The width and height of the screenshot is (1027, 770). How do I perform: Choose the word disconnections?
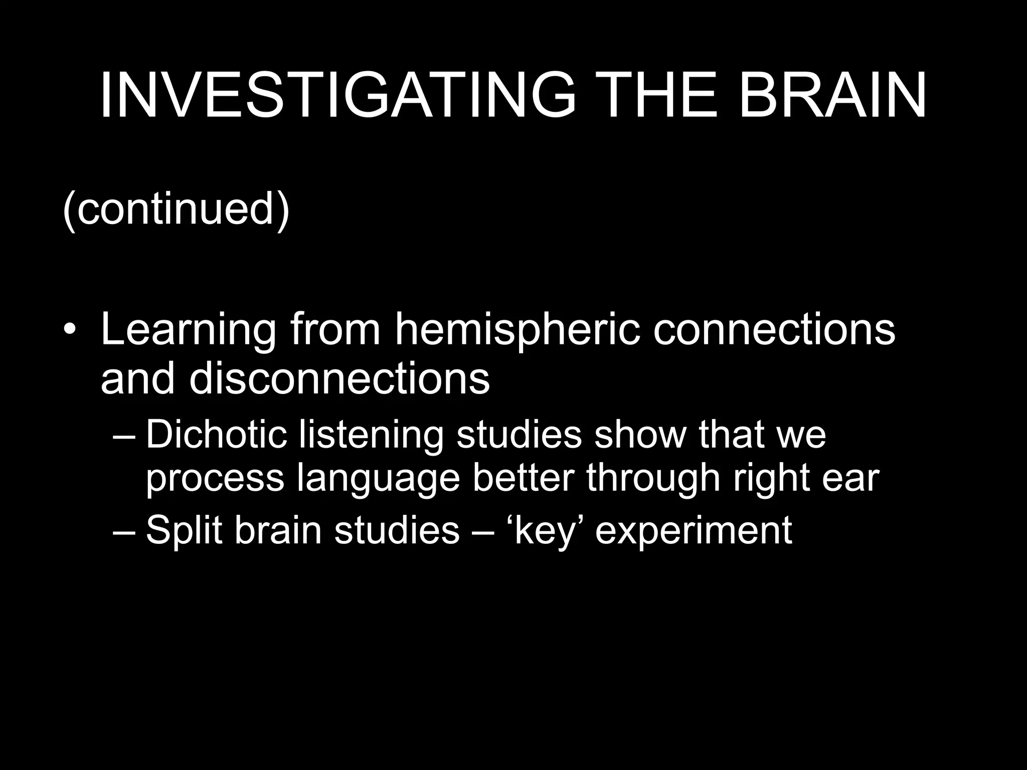point(339,378)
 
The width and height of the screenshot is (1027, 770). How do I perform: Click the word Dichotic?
point(216,434)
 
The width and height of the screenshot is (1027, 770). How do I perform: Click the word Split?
point(184,530)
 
